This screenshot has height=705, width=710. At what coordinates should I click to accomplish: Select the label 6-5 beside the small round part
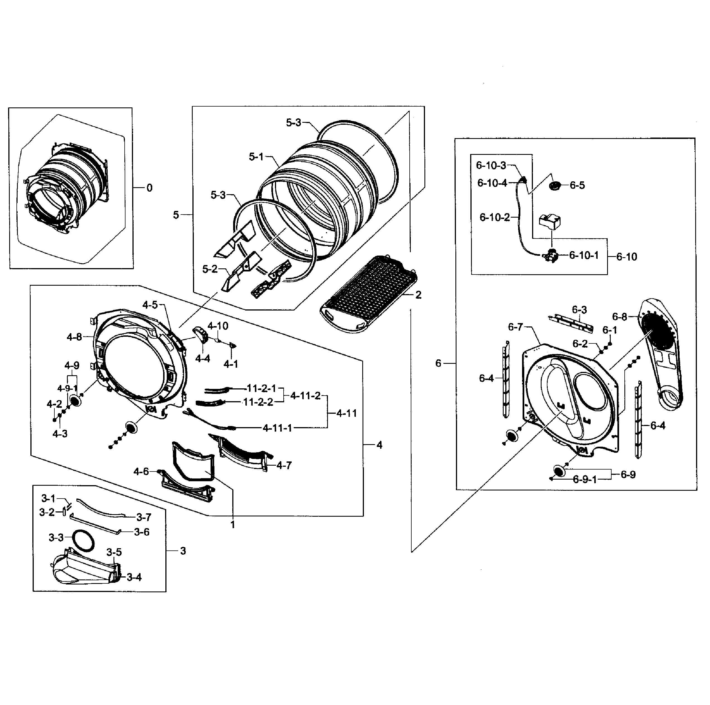[577, 185]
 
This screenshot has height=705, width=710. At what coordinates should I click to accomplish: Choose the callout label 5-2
[210, 269]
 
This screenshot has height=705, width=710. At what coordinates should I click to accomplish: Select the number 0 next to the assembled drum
[149, 188]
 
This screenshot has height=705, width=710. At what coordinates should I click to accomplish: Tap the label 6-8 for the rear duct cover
[620, 316]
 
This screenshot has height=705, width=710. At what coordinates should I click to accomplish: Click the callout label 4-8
[74, 337]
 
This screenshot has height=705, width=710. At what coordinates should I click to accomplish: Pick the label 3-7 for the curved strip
[144, 517]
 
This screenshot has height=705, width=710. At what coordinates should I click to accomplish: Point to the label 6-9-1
[585, 479]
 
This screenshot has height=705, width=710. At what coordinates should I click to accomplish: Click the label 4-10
[218, 326]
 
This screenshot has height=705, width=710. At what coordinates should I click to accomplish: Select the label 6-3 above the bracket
[579, 309]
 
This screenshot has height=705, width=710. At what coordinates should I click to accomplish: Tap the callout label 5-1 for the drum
[256, 157]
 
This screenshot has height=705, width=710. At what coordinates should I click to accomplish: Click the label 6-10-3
[491, 165]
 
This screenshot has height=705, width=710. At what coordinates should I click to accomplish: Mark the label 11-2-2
[258, 402]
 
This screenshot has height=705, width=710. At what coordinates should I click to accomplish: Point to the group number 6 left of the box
[438, 363]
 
